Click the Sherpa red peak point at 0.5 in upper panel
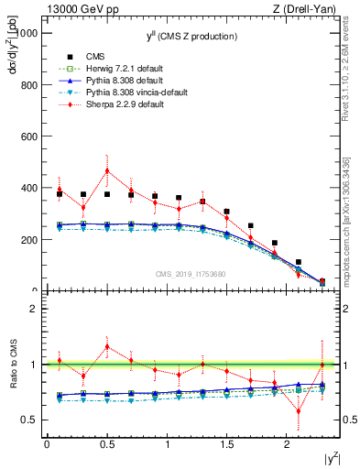click(107, 170)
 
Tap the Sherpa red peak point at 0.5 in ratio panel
click(107, 346)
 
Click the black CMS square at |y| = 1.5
click(226, 212)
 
